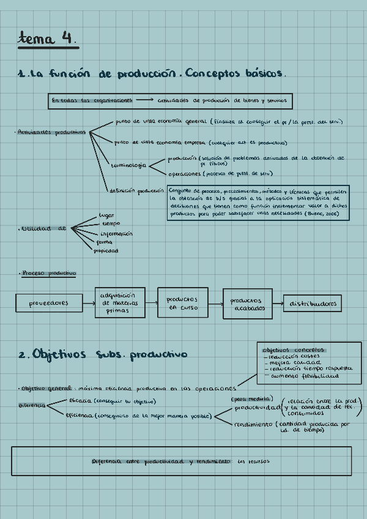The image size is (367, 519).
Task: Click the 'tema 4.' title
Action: click(x=47, y=39)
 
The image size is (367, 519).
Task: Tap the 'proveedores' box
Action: click(x=48, y=303)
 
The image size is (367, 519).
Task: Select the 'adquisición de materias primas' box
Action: click(x=120, y=302)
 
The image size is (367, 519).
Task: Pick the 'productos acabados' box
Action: click(x=247, y=304)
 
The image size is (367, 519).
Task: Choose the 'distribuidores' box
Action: click(x=312, y=304)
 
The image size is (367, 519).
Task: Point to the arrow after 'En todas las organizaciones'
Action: click(x=144, y=100)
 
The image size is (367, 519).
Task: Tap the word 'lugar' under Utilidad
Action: click(x=106, y=215)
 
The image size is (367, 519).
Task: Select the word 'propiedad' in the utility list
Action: click(x=106, y=251)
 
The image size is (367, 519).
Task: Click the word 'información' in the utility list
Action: click(x=116, y=233)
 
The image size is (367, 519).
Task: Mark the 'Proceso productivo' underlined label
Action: click(x=48, y=273)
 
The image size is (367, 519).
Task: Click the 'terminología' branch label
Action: click(x=128, y=165)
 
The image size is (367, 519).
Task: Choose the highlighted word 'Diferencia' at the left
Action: click(x=31, y=405)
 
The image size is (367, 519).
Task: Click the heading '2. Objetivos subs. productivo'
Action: click(x=103, y=354)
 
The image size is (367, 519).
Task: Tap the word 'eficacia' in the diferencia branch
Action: click(x=81, y=401)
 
